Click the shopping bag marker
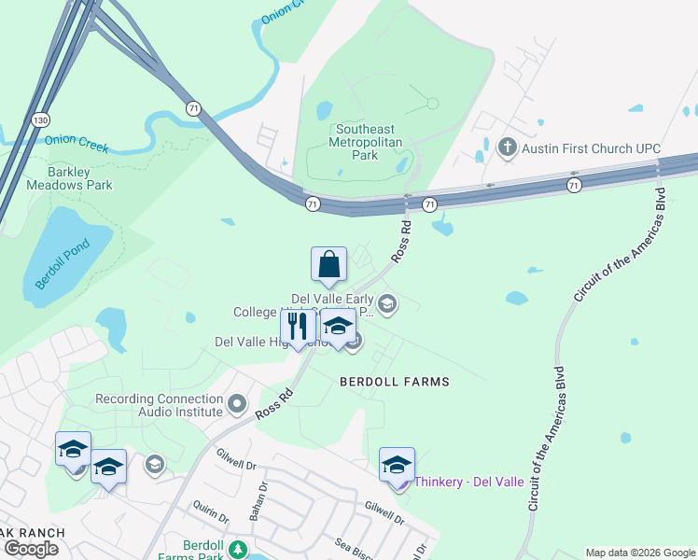coord(328,265)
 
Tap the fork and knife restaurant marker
coord(298,327)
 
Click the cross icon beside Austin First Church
coord(507,147)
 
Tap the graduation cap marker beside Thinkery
coord(397,465)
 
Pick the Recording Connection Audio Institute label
coord(160,404)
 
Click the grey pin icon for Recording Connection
coord(237,405)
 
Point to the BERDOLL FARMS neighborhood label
coord(394,382)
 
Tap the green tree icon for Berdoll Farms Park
coord(238,548)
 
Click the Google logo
coord(32,549)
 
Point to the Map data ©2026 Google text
coord(639,553)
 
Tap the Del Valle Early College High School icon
coord(387,303)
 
